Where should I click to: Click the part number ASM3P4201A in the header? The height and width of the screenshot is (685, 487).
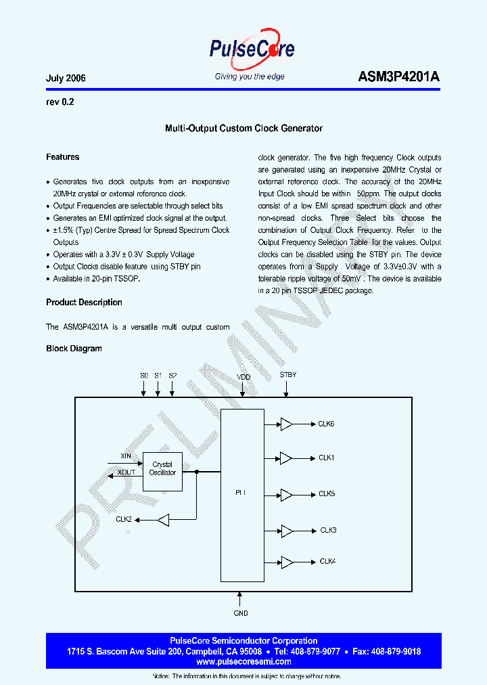click(x=399, y=77)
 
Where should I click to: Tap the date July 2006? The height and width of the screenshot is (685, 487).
click(x=66, y=79)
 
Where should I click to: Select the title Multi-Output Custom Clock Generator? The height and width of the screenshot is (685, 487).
click(x=243, y=128)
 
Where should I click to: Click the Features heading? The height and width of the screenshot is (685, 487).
click(x=63, y=157)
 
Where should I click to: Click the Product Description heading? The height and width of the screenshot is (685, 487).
click(x=84, y=303)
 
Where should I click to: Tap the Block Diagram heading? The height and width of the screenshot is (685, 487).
click(x=74, y=349)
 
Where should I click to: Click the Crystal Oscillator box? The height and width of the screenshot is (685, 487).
click(x=162, y=469)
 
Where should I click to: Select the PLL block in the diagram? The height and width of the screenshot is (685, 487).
click(x=242, y=494)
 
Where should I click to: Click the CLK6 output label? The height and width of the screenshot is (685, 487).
click(x=326, y=424)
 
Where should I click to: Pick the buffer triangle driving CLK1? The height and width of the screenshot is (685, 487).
click(x=286, y=458)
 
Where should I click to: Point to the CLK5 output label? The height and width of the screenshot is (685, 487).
click(x=327, y=494)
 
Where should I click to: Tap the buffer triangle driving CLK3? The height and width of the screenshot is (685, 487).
click(x=286, y=531)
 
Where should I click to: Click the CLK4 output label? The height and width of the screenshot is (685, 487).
click(x=327, y=562)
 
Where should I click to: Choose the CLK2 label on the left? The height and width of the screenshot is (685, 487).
click(x=123, y=520)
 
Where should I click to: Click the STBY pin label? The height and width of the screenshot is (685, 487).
click(x=287, y=375)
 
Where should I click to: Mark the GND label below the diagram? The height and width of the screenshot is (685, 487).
click(x=241, y=613)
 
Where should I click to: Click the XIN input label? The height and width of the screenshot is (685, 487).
click(x=126, y=456)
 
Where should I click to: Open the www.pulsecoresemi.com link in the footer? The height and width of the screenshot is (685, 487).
click(x=243, y=661)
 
